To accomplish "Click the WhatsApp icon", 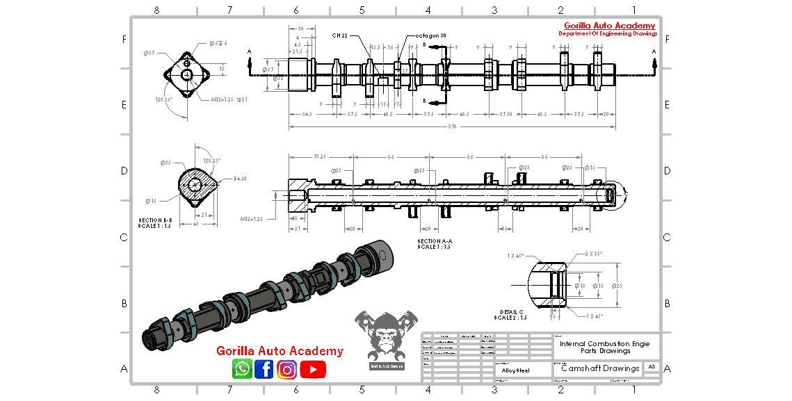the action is pos(243,369).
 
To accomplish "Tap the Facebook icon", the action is pos(264,369).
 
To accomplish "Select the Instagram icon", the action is pos(286,369).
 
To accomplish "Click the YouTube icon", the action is pos(313,369).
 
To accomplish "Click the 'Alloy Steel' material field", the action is pos(515,370).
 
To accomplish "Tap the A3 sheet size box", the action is pos(652,366).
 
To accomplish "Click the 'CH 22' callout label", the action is pos(340,35).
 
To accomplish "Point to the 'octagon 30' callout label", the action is pos(430,35).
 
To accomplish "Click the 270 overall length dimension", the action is pos(453,127).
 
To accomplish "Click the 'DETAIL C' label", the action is pos(511,311).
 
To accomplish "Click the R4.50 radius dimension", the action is pos(239,179).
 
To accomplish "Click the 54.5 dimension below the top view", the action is pos(306,113).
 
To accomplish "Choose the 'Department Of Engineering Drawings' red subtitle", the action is pos(608,34).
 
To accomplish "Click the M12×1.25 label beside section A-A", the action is pos(251,219).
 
